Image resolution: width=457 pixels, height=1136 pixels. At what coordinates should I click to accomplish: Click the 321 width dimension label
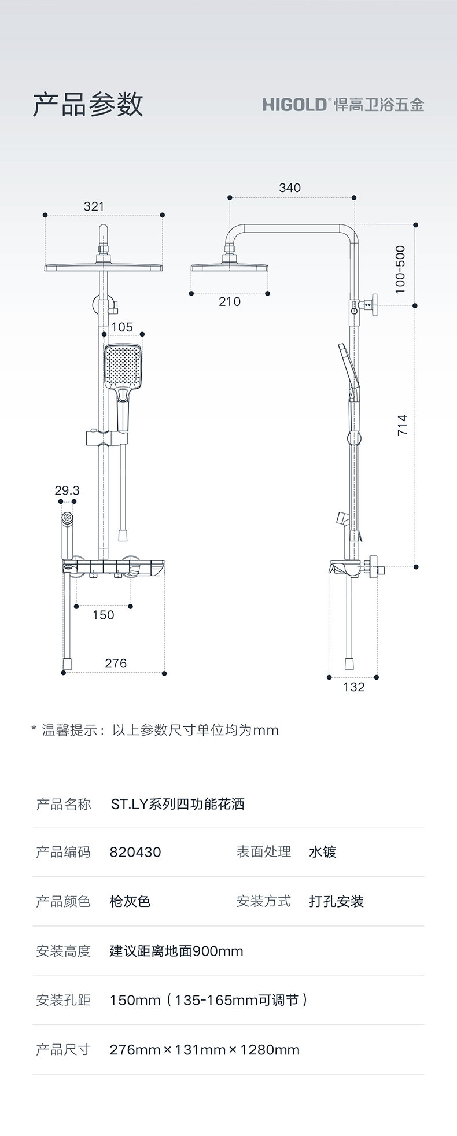[x=94, y=206]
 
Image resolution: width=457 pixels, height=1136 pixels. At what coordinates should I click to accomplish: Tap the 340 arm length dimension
[x=290, y=188]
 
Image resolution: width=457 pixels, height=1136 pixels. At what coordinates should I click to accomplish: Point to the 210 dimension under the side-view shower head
[x=230, y=301]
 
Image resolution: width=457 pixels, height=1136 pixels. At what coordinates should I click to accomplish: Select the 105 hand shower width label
[x=122, y=327]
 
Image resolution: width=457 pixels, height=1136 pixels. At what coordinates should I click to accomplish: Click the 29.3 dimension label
[x=67, y=490]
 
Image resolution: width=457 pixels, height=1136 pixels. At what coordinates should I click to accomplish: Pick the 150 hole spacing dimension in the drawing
[x=104, y=615]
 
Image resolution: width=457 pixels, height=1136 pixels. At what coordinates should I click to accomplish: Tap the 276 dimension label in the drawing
[x=116, y=663]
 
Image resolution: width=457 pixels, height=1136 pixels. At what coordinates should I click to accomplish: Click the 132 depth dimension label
[x=354, y=687]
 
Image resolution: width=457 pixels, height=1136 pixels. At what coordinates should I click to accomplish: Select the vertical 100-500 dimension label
[x=400, y=270]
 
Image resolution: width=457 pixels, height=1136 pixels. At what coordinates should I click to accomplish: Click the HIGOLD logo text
[x=295, y=105]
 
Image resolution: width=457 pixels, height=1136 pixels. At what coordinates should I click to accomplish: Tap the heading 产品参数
[x=88, y=104]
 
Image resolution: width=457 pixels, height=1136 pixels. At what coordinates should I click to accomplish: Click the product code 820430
[x=135, y=852]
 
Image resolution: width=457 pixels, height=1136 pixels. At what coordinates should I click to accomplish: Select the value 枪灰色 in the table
[x=130, y=901]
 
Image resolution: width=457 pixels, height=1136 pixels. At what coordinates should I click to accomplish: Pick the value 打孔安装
[x=336, y=901]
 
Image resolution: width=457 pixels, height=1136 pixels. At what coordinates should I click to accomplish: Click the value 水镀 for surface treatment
[x=322, y=852]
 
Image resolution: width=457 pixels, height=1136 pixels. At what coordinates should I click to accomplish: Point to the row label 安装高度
[x=64, y=951]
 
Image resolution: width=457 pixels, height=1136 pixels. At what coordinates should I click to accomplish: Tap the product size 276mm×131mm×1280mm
[x=204, y=1050]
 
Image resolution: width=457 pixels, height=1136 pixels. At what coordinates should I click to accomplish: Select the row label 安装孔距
[x=64, y=1000]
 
